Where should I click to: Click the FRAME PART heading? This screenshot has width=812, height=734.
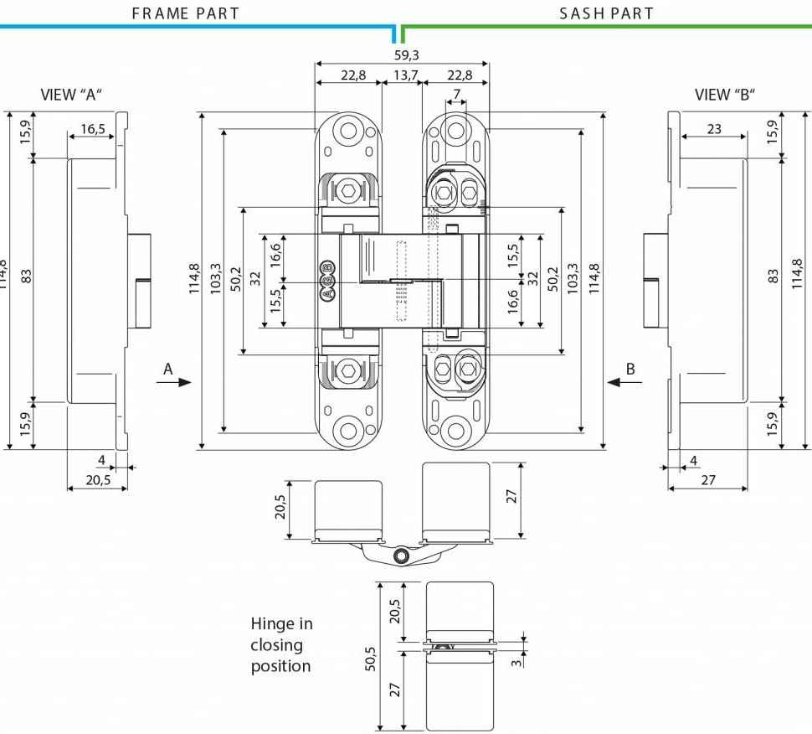[186, 13]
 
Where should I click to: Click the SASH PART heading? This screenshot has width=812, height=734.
[606, 13]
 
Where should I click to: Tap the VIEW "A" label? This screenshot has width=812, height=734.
[71, 95]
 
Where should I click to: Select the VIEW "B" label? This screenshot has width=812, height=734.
[725, 95]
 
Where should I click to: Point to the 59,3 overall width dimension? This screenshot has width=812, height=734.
[406, 55]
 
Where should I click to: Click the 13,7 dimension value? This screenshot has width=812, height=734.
[405, 75]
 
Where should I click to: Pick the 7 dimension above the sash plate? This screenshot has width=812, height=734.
[456, 92]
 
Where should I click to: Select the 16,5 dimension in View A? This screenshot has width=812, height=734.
[93, 129]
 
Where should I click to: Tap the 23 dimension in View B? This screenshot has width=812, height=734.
[714, 129]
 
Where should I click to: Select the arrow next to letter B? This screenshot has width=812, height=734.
[624, 382]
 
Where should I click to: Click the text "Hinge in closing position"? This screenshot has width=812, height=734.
[281, 645]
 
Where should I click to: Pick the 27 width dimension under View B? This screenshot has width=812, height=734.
[707, 480]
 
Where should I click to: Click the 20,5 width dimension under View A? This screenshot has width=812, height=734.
[98, 480]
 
